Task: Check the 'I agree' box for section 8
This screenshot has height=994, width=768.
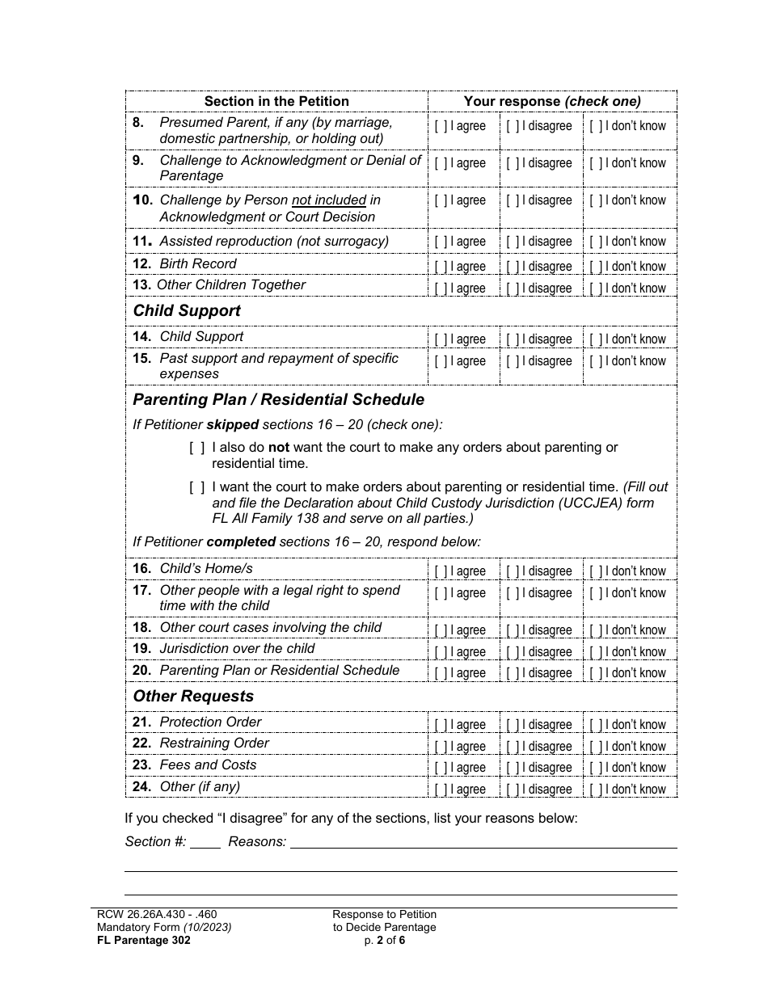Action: tap(441, 126)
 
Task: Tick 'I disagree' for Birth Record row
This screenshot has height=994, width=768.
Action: tap(513, 267)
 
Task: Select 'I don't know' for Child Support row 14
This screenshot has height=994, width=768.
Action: tap(596, 339)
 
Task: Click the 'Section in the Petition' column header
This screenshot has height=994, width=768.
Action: tap(276, 102)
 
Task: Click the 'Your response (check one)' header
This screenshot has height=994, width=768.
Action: tap(552, 102)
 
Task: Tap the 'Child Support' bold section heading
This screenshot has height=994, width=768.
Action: tap(187, 311)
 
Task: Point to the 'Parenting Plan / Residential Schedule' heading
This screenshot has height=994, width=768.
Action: tap(278, 400)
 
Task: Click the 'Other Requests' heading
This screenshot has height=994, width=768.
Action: tap(193, 697)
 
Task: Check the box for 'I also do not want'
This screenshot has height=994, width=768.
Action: tap(196, 448)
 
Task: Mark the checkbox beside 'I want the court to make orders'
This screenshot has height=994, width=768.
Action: tap(196, 487)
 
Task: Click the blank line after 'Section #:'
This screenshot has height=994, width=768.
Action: tap(206, 843)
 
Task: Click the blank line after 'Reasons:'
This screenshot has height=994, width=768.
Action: tap(483, 843)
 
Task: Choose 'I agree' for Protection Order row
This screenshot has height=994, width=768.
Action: tap(441, 725)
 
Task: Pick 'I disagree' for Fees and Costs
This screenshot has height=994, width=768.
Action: tap(513, 768)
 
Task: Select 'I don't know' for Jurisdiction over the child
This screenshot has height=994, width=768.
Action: tap(596, 652)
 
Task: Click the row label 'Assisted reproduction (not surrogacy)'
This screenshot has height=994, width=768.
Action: tap(274, 242)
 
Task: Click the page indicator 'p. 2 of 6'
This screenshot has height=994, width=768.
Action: tap(384, 940)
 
